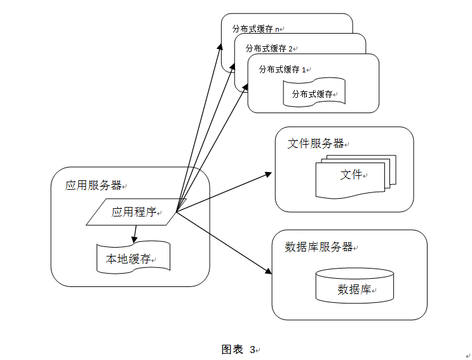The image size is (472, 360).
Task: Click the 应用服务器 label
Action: (93, 185)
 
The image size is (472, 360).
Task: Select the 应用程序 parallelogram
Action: (133, 212)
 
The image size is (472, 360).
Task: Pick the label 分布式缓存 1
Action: (282, 69)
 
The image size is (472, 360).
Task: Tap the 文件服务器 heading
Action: (316, 143)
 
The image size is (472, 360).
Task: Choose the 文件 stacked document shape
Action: (351, 175)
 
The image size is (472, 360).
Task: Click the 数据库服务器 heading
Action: (320, 247)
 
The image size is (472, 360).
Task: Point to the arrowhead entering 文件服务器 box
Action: (269, 173)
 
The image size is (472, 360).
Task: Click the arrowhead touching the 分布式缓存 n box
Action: (221, 47)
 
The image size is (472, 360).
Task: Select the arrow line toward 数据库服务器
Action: (222, 242)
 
